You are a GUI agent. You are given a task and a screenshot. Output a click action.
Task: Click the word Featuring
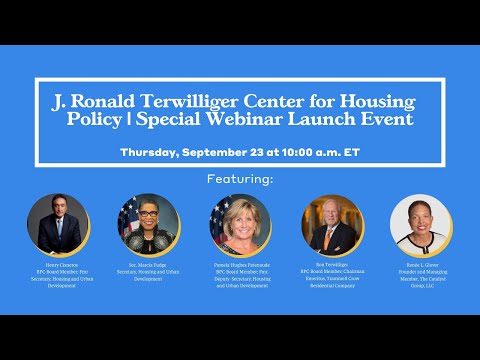[240, 179]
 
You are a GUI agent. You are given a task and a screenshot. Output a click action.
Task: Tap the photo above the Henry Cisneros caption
[55, 223]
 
